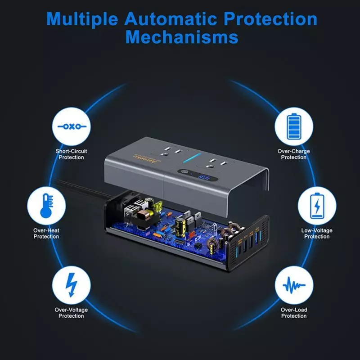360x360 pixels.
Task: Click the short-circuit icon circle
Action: pyautogui.click(x=72, y=126)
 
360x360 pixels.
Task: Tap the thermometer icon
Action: pyautogui.click(x=47, y=206)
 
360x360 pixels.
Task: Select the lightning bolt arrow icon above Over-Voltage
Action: pyautogui.click(x=71, y=285)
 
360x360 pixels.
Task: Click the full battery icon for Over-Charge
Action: pyautogui.click(x=294, y=126)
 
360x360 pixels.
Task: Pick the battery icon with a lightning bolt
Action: pyautogui.click(x=317, y=206)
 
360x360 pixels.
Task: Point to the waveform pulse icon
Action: pyautogui.click(x=294, y=285)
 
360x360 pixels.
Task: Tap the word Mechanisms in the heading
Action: pyautogui.click(x=182, y=37)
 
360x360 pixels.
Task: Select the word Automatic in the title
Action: pyautogui.click(x=171, y=18)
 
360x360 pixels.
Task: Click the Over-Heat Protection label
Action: pyautogui.click(x=46, y=234)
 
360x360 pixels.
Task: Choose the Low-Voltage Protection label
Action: pyautogui.click(x=317, y=234)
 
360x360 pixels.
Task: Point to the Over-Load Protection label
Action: pyautogui.click(x=294, y=313)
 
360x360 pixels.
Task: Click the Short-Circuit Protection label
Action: pyautogui.click(x=71, y=154)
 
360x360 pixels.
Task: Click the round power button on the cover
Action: pyautogui.click(x=184, y=172)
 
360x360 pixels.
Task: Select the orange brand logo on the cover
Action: pyautogui.click(x=147, y=158)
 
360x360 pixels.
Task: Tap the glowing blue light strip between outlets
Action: pyautogui.click(x=192, y=158)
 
